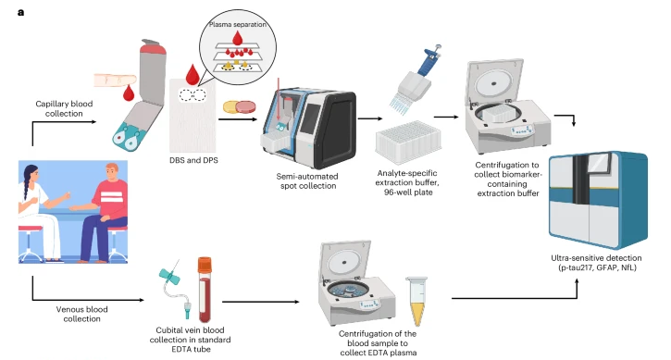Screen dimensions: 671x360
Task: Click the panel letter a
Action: coord(20,12)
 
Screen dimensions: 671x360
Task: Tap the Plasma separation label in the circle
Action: coord(238,25)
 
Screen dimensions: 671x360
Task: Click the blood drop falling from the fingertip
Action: coord(129,93)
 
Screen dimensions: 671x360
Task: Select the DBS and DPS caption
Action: coord(193,160)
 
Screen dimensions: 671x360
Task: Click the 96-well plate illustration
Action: coord(408,142)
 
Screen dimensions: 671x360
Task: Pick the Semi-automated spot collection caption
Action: coord(308,181)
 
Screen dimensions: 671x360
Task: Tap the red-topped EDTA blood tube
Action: coord(205,290)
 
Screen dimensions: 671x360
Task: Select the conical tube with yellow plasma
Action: coord(416,301)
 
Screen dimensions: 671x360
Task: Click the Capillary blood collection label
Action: coord(64,108)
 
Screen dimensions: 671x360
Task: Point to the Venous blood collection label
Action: coord(81,314)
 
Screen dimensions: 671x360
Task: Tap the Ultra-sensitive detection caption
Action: coord(596,263)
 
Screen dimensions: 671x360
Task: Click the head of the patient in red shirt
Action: coord(112,172)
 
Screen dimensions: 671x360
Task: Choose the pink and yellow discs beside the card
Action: coord(239,107)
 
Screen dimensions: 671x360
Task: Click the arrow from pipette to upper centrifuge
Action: coord(446,117)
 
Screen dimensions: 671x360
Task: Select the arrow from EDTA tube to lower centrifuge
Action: coord(261,302)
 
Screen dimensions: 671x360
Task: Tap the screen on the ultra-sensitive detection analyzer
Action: coord(599,166)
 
